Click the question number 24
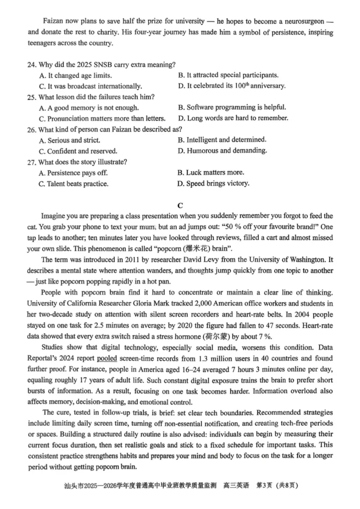pos(31,64)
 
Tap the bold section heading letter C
pos(180,206)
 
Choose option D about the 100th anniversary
pos(232,85)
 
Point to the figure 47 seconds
pos(233,325)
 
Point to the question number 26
pos(31,129)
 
